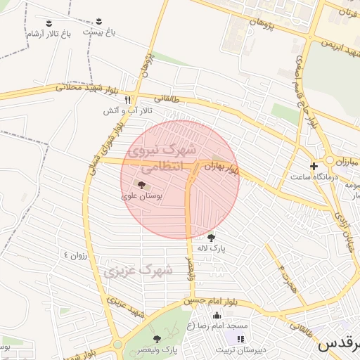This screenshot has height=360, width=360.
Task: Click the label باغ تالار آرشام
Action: (x=49, y=34)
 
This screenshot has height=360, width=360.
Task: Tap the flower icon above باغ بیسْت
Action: (x=98, y=21)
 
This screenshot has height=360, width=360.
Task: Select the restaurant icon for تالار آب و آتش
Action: (x=127, y=99)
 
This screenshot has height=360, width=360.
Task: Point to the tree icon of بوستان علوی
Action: (x=142, y=186)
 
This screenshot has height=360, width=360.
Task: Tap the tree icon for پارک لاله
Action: (x=211, y=236)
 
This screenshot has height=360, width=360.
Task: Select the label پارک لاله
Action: (x=210, y=248)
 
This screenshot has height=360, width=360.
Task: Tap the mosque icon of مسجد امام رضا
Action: (x=217, y=315)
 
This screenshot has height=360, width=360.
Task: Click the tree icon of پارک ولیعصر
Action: (x=157, y=339)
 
